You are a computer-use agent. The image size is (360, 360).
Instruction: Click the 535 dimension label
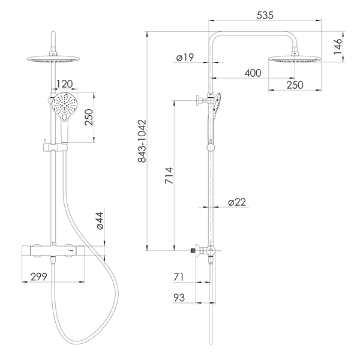pyautogui.click(x=265, y=16)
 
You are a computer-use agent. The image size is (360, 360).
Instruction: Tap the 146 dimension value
pyautogui.click(x=337, y=47)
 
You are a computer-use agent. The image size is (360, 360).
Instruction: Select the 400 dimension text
pyautogui.click(x=253, y=73)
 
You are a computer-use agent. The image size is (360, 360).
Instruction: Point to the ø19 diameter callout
pyautogui.click(x=185, y=57)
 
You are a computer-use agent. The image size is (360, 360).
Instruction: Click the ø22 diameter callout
pyautogui.click(x=237, y=202)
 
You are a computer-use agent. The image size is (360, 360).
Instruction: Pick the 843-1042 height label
pyautogui.click(x=142, y=141)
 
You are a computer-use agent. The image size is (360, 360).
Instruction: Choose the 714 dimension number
pyautogui.click(x=169, y=176)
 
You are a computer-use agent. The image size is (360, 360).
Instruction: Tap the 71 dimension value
pyautogui.click(x=179, y=277)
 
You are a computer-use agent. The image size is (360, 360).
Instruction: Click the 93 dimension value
pyautogui.click(x=179, y=298)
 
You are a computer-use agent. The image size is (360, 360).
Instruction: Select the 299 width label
pyautogui.click(x=38, y=277)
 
